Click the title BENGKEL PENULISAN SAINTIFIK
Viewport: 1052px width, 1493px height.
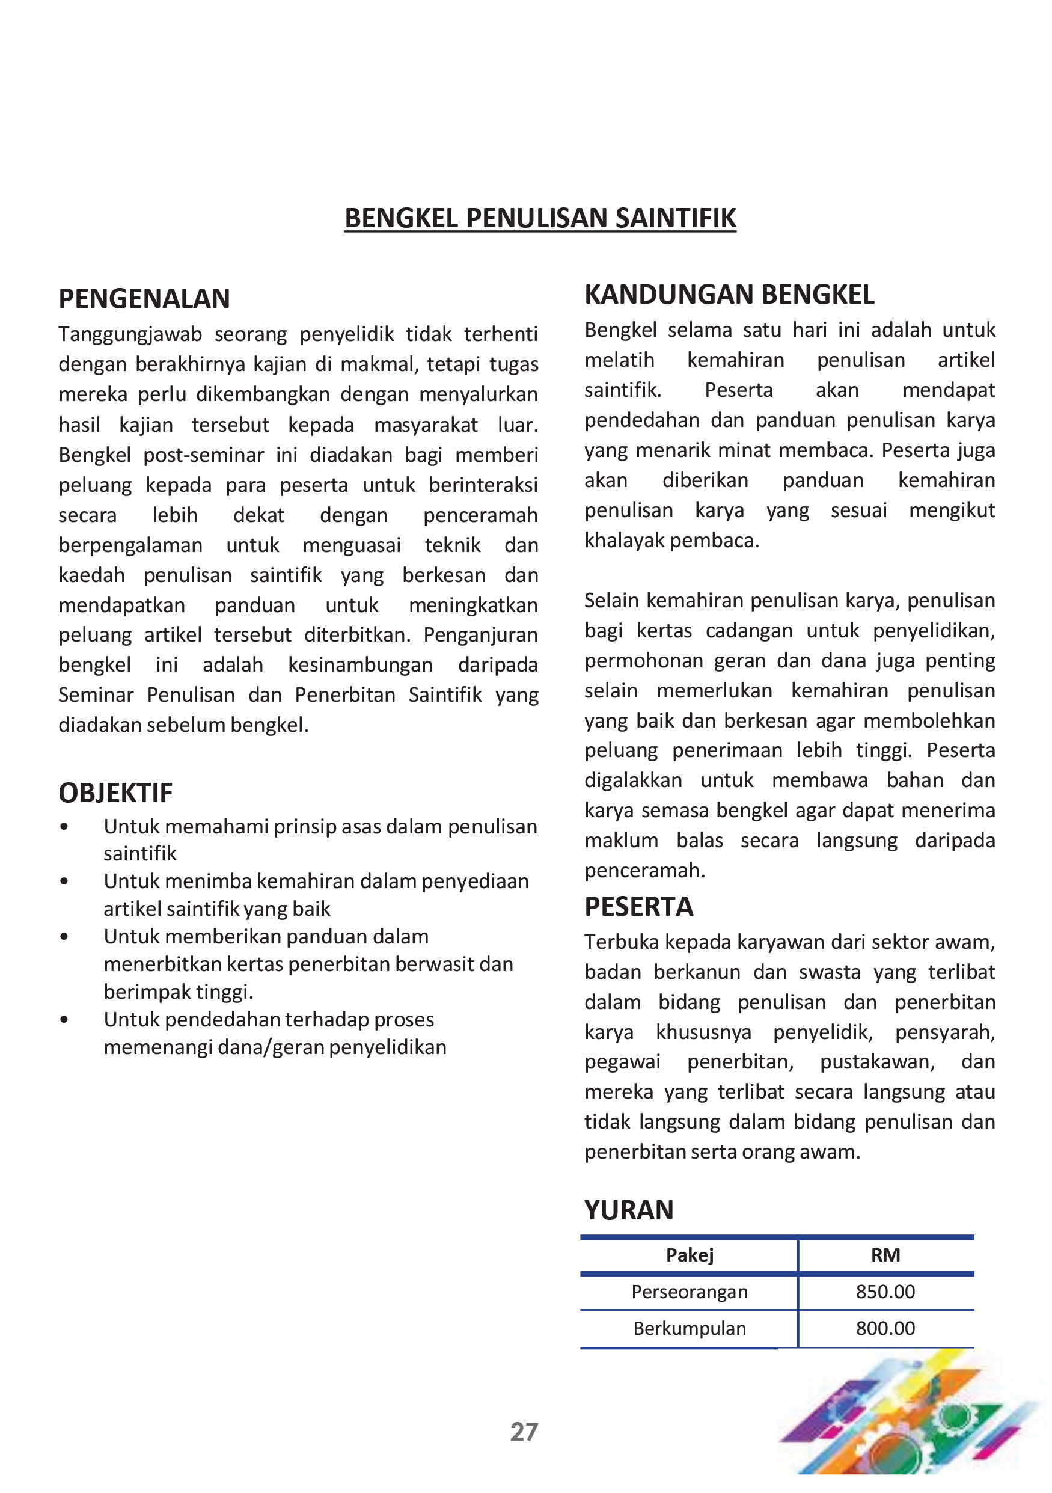540,218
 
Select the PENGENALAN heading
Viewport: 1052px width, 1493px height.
144,299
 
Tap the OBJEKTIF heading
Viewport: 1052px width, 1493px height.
116,792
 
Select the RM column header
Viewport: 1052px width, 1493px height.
885,1255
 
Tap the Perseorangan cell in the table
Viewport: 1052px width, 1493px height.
689,1292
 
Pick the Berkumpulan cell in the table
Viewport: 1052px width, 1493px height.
689,1328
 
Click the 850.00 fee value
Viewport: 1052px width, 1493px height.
885,1292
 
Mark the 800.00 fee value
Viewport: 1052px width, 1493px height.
885,1328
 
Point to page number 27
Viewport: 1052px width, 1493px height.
524,1432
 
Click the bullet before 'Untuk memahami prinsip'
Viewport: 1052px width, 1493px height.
64,827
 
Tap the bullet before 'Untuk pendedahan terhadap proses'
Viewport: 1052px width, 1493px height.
64,1020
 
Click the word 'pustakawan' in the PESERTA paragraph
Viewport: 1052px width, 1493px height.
876,1062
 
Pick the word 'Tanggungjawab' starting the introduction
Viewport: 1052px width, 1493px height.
130,334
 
